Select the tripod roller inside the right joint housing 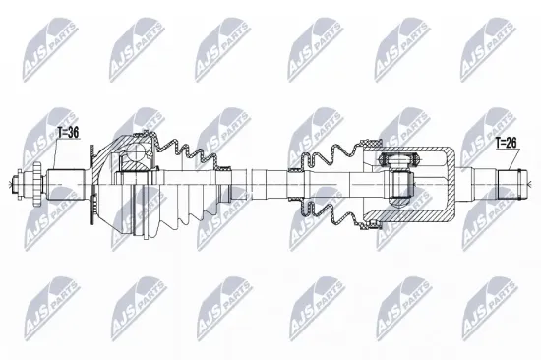tap(397, 182)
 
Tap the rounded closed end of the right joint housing tap(448, 182)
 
